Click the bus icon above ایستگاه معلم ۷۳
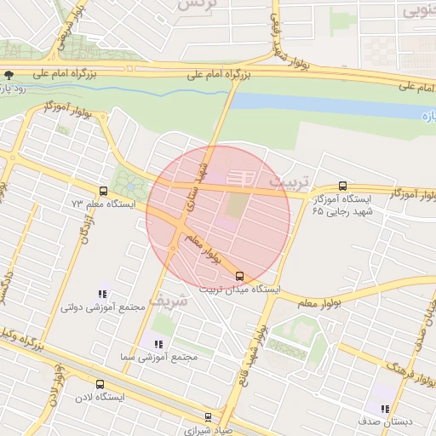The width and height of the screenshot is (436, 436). (103, 192)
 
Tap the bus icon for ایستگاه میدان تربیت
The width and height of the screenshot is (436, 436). (239, 276)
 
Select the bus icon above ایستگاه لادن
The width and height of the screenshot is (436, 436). (100, 384)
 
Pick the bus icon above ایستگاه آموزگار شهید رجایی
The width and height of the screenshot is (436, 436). (342, 185)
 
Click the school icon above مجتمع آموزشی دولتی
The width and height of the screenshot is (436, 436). (102, 294)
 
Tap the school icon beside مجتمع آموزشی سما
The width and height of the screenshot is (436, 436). (158, 343)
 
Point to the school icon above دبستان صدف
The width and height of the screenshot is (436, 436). (385, 408)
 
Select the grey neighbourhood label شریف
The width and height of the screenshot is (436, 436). (166, 301)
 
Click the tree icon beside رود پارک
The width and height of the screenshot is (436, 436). (9, 76)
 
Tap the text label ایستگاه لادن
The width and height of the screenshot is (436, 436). (100, 398)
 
